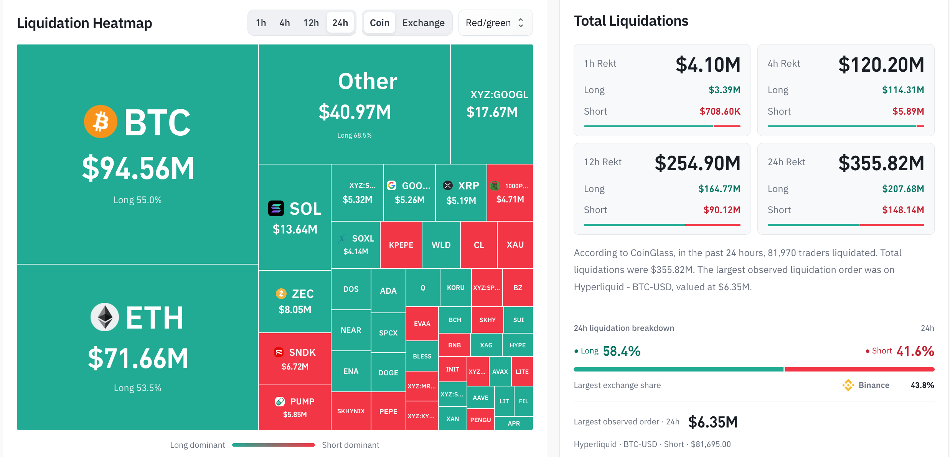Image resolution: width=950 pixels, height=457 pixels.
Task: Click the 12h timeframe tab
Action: (x=311, y=23)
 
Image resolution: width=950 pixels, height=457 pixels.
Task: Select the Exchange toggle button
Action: (x=423, y=23)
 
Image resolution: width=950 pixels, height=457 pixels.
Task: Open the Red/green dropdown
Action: (x=495, y=23)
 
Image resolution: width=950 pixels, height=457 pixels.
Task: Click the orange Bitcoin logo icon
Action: (x=101, y=122)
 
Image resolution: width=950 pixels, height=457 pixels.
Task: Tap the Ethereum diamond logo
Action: (x=105, y=317)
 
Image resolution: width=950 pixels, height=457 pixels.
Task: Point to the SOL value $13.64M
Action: (x=295, y=229)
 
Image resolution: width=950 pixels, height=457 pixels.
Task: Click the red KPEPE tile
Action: (x=401, y=245)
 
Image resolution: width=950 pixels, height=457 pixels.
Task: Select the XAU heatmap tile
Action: (x=515, y=245)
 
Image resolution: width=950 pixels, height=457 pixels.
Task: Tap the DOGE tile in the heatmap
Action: (x=388, y=373)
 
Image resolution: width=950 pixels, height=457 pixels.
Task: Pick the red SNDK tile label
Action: (x=302, y=352)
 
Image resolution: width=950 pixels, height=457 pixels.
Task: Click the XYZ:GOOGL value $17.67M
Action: (x=492, y=112)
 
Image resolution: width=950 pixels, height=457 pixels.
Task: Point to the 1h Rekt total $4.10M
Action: (x=708, y=64)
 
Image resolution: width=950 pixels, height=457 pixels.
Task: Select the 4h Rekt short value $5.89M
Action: (x=908, y=112)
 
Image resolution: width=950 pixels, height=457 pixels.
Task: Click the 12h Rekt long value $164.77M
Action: (x=719, y=189)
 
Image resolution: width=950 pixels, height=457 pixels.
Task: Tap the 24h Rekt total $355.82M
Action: (x=881, y=163)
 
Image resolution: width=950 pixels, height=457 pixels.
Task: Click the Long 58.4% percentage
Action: (x=622, y=351)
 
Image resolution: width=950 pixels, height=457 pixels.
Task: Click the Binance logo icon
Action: (x=848, y=385)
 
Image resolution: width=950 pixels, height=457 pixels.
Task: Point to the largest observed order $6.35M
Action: (x=713, y=422)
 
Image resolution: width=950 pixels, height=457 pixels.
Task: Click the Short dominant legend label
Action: (x=350, y=445)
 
